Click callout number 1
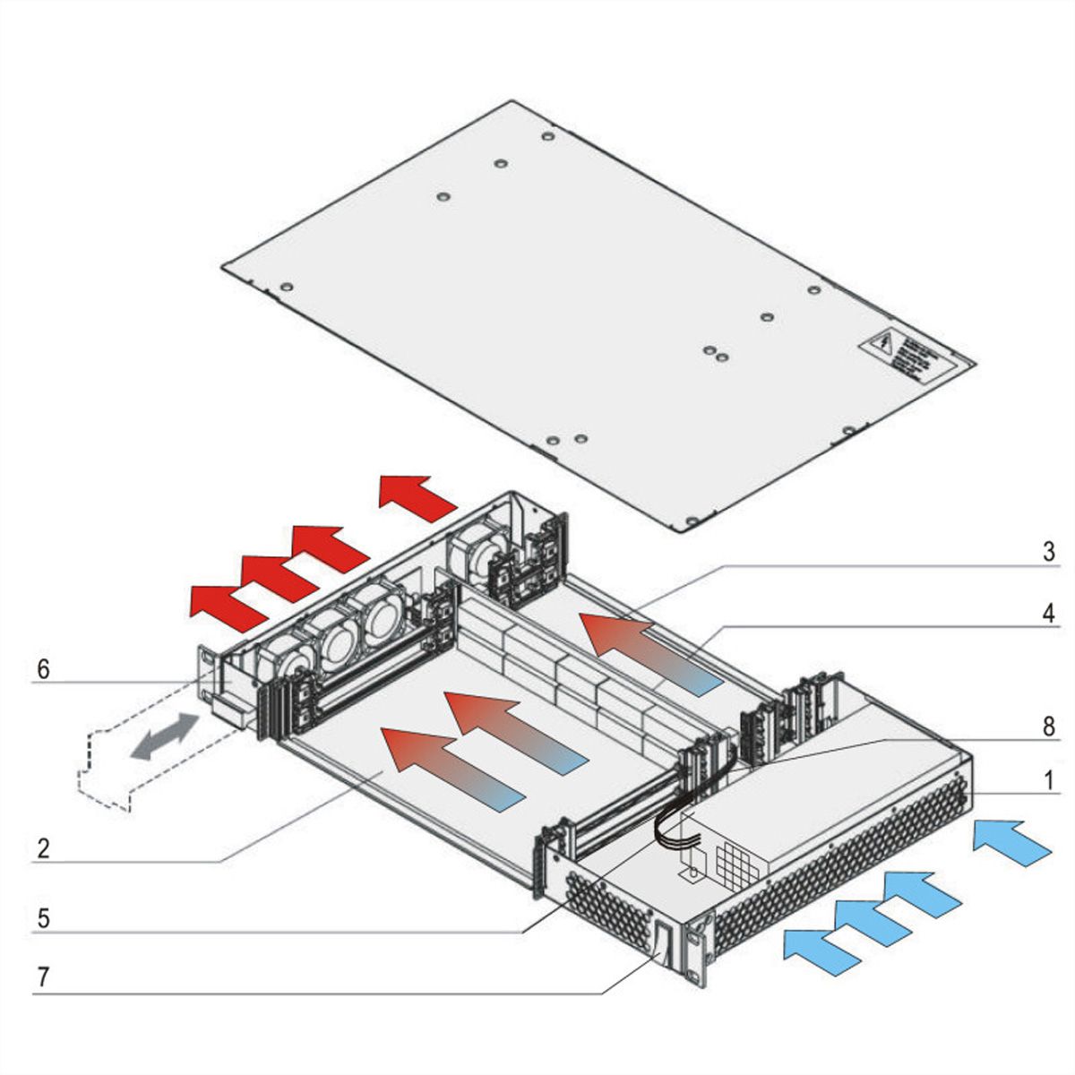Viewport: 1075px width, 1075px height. [1047, 780]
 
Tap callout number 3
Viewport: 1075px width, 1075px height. [1047, 551]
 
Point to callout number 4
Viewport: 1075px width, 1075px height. [1047, 614]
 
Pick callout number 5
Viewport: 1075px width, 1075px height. [42, 918]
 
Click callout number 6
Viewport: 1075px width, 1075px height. [42, 668]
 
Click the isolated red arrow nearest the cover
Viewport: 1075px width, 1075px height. [417, 498]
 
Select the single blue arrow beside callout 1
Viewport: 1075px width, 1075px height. [1010, 842]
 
